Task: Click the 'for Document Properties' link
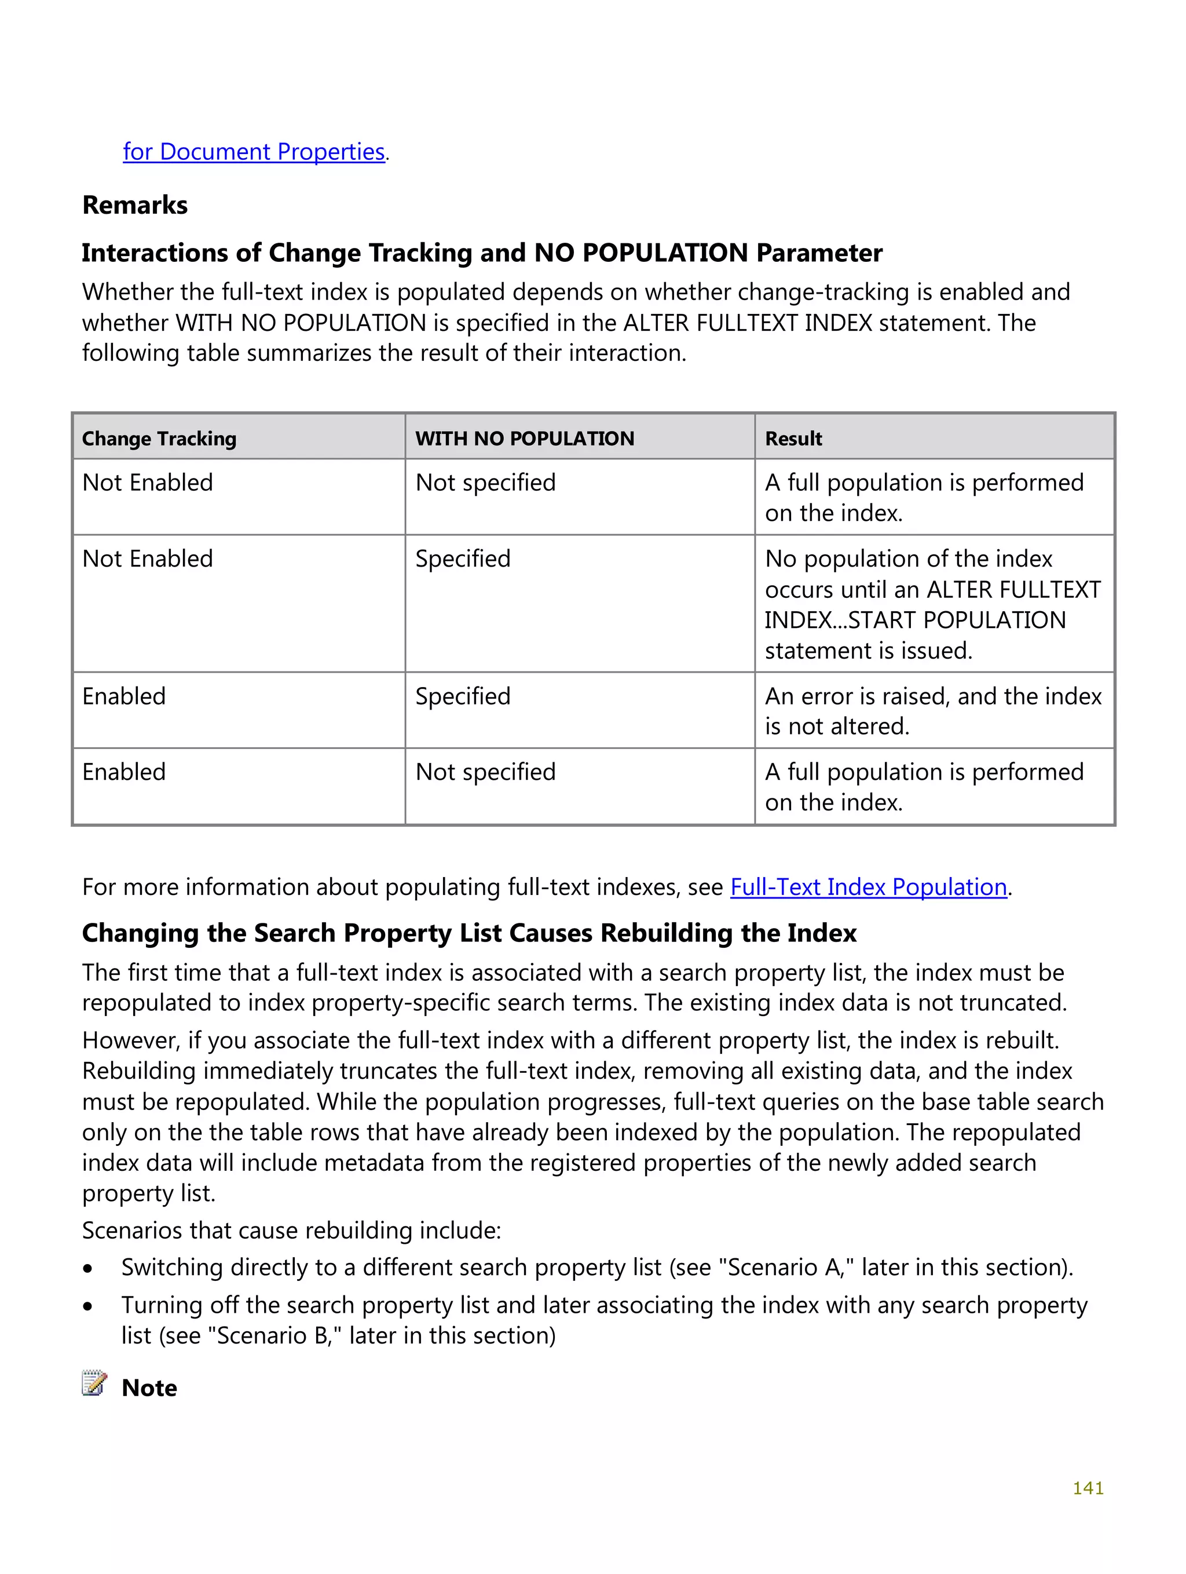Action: point(254,152)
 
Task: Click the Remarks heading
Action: point(135,205)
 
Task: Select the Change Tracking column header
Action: point(159,439)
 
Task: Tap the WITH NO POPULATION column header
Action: point(524,439)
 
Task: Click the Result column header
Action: point(793,439)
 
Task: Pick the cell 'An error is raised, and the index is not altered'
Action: point(933,711)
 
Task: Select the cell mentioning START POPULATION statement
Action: point(933,604)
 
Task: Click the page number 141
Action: point(1088,1488)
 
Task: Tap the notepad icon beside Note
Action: point(94,1383)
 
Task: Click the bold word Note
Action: point(149,1387)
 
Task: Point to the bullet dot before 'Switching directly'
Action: point(88,1269)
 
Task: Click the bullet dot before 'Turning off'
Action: point(88,1306)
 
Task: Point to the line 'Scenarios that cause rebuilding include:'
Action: point(292,1230)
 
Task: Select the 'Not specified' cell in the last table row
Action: point(485,772)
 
